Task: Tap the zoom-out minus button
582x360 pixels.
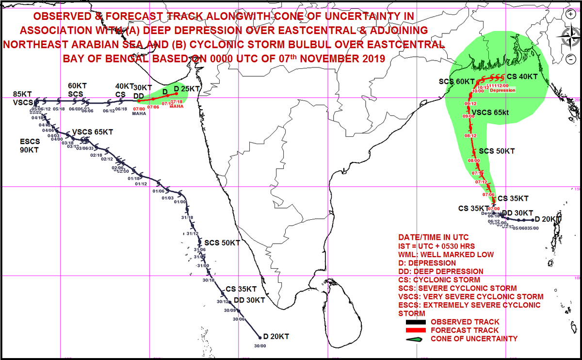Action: click(570, 59)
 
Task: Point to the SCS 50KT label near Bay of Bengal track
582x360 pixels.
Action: click(497, 151)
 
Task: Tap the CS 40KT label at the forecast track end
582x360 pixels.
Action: click(522, 77)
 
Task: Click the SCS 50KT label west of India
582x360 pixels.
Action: click(222, 242)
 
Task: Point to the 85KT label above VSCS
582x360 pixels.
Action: click(22, 94)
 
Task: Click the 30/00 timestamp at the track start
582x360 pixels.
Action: click(260, 345)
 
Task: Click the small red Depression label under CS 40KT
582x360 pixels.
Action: click(503, 90)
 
